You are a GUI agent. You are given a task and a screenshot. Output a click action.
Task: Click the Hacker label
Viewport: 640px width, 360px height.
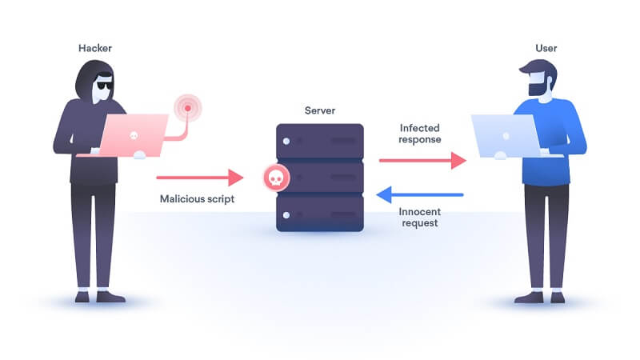pos(94,49)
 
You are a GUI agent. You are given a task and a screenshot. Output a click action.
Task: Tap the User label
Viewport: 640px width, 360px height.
pos(546,49)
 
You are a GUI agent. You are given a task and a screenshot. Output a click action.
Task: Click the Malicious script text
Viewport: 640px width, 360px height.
pos(196,198)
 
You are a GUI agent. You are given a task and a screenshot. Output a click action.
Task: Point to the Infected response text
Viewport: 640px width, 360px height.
pos(421,134)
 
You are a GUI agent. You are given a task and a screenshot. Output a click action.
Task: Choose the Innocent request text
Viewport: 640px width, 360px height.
pos(421,218)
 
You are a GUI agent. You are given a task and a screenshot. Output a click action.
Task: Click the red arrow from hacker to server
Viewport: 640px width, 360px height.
pos(198,177)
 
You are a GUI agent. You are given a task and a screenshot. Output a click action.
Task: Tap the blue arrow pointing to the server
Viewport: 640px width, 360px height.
pos(420,194)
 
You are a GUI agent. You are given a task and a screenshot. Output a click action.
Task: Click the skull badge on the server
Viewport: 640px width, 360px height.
pos(276,178)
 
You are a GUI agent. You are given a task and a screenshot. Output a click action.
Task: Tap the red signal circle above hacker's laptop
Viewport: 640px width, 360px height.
pos(188,107)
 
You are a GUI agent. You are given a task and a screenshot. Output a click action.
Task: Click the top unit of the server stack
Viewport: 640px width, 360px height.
pos(319,139)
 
